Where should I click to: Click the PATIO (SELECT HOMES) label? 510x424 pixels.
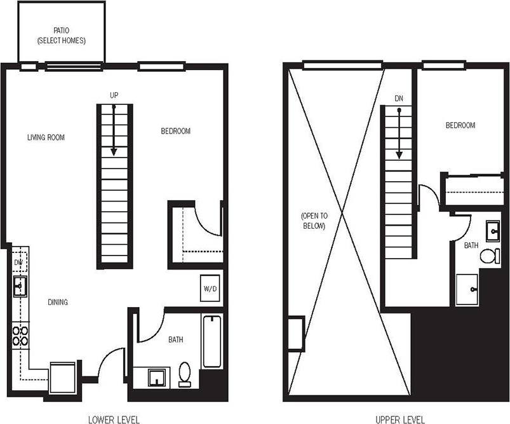61,35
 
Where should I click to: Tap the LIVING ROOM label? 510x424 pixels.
46,137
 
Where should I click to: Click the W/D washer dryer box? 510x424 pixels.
210,289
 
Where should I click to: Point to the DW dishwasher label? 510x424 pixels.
18,262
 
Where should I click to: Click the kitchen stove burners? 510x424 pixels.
20,335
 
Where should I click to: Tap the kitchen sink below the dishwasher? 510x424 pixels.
19,287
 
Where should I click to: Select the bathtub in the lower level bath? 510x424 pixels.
211,341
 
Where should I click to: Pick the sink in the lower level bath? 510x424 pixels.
157,377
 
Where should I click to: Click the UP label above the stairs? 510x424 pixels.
114,95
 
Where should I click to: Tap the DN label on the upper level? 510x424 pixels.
399,99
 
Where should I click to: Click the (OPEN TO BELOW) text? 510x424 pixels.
313,221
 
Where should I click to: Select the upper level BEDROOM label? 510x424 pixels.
460,125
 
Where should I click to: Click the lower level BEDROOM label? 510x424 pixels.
175,132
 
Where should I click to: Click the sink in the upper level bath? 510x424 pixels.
493,231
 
